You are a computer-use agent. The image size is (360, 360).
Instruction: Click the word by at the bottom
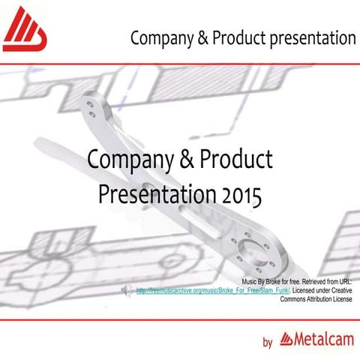tap(267, 343)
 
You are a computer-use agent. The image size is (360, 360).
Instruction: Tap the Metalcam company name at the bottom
tap(322, 340)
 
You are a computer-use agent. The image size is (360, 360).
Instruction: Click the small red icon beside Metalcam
tap(286, 340)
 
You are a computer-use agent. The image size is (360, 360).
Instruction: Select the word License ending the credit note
tap(342, 298)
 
